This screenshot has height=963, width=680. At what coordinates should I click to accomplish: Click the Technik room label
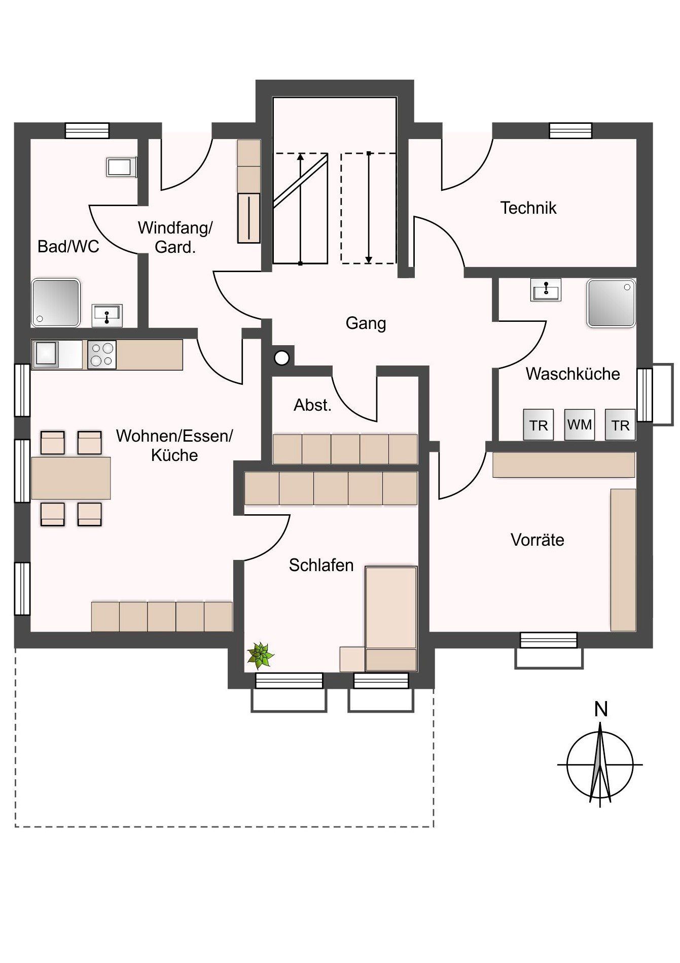[528, 208]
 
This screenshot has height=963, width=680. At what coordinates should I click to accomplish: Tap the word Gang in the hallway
[366, 324]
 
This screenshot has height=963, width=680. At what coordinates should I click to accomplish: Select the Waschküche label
[573, 374]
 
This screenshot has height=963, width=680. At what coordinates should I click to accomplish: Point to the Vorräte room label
[538, 540]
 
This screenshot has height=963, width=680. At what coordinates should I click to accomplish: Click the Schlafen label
[321, 565]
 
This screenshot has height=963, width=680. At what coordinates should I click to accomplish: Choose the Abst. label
[312, 405]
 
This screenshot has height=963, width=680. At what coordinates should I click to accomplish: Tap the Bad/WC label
[68, 247]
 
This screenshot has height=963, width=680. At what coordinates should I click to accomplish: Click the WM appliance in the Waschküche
[579, 424]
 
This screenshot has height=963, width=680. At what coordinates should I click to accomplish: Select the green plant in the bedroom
[260, 655]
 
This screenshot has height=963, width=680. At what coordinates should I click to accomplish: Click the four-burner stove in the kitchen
[102, 354]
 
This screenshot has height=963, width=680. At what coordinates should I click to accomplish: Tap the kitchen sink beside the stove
[46, 354]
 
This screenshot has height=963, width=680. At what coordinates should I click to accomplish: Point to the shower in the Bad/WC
[56, 303]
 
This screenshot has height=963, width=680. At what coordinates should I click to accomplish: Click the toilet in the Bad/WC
[121, 167]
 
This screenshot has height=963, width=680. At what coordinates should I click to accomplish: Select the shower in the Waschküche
[611, 303]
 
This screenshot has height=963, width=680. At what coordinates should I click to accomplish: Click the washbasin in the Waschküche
[546, 290]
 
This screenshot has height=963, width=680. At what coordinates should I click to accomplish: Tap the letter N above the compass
[601, 709]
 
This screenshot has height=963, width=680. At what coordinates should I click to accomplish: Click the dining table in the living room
[71, 478]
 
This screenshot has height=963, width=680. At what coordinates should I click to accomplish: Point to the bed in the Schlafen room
[391, 619]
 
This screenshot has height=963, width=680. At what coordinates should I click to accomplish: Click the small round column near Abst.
[282, 358]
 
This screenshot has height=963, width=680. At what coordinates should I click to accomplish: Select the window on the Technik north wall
[571, 131]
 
